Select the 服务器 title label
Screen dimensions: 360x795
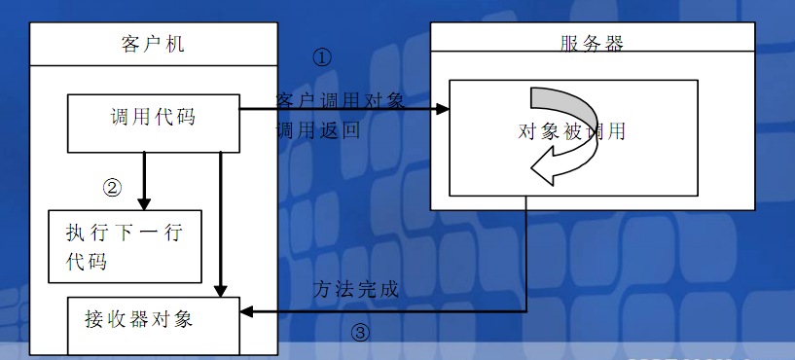pos(592,43)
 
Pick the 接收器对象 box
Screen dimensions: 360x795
pos(153,320)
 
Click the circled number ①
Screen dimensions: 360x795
pos(322,56)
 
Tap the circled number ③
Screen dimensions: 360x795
pos(360,333)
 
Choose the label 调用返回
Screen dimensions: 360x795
pos(317,130)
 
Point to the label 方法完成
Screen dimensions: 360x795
pos(356,289)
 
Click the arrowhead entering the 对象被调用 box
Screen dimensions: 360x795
pos(443,108)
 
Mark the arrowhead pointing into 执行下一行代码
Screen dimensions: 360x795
pos(144,203)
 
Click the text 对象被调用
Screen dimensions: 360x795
pos(572,131)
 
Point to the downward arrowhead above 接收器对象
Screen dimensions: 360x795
pos(222,289)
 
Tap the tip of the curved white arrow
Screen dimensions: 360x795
pos(532,170)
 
